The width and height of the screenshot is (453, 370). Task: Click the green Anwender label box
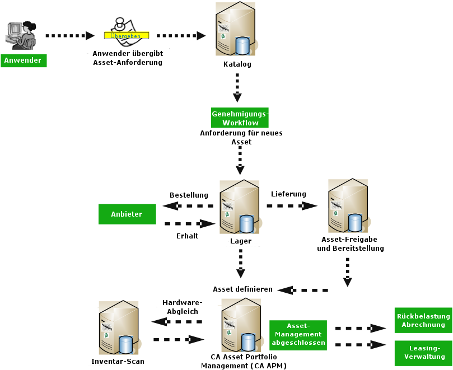24,60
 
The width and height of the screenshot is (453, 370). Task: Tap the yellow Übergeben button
126,35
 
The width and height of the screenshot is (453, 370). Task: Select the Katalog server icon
236,29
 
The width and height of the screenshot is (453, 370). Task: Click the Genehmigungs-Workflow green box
240,118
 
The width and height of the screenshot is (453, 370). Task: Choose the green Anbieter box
127,214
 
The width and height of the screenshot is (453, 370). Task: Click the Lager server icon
240,207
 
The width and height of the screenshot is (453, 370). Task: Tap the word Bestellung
189,195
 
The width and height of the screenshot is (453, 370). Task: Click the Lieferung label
288,194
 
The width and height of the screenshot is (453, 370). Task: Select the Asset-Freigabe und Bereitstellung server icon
349,207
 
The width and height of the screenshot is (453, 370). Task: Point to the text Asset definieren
242,289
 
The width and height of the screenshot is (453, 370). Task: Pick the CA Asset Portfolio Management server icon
241,325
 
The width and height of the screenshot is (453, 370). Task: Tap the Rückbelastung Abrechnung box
423,320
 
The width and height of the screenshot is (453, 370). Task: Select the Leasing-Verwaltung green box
423,352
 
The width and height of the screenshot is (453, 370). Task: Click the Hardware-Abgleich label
182,306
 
